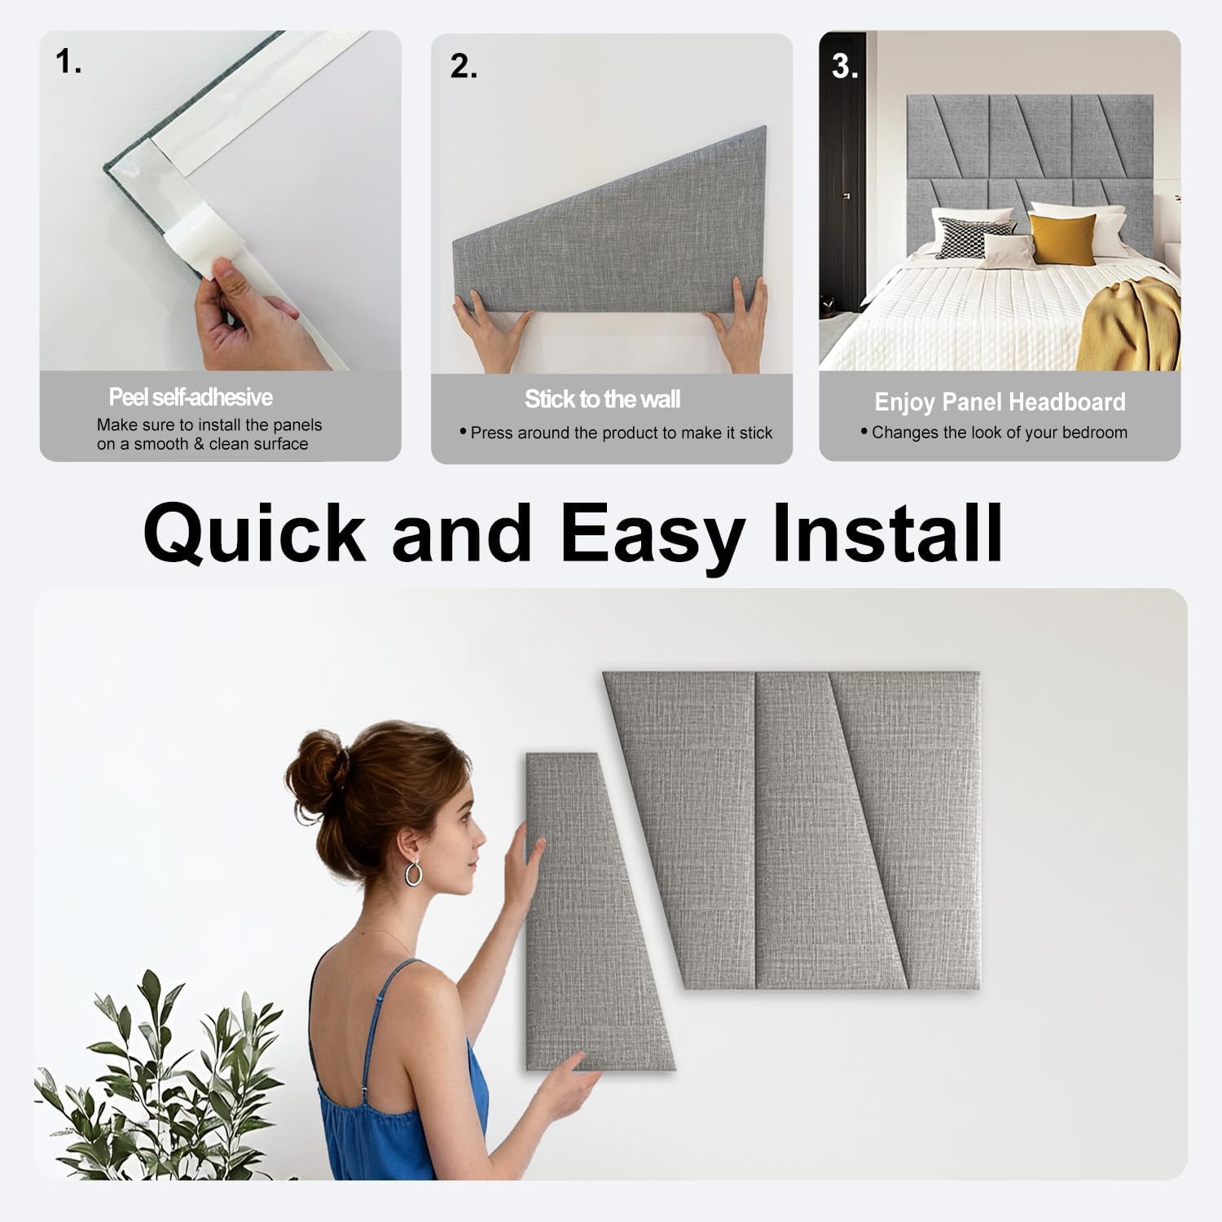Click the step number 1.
68,62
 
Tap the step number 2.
463,67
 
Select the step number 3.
844,67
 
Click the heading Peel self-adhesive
191,398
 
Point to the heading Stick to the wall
602,399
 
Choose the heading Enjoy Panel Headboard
1000,402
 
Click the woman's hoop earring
414,873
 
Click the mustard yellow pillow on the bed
1061,239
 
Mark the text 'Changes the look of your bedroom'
999,433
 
